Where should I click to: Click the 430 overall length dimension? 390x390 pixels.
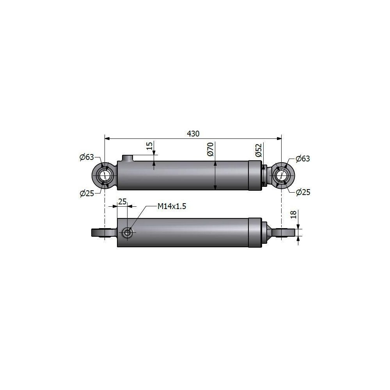193,133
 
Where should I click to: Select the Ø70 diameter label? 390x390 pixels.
210,149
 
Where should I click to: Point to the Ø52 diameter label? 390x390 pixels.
258,150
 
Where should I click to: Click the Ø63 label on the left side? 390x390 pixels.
86,157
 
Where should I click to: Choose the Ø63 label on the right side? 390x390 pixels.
303,159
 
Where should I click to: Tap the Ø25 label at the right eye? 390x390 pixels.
303,192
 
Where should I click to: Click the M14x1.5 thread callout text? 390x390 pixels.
172,206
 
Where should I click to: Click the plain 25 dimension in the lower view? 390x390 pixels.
122,202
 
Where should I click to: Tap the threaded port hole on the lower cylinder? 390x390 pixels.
127,233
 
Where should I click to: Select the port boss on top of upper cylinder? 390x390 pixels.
128,158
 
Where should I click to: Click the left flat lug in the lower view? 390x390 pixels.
100,233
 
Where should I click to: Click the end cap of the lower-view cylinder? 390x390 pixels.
255,232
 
